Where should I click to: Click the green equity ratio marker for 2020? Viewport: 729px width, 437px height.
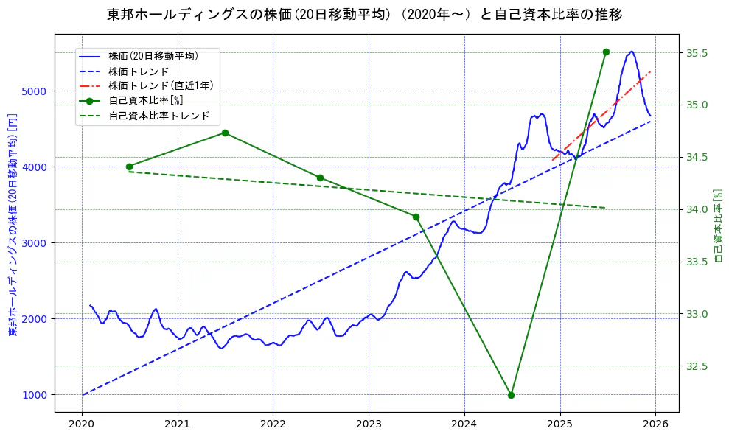(129, 167)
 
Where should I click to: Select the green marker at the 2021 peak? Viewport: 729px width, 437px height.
(225, 133)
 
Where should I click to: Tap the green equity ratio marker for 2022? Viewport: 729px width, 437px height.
(320, 178)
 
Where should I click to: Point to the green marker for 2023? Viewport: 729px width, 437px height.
(416, 217)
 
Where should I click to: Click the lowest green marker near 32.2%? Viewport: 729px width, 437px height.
(511, 395)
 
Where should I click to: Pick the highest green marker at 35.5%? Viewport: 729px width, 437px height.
(606, 52)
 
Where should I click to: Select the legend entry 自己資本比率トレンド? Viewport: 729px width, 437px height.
(158, 116)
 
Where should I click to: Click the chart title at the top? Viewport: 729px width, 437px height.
(365, 14)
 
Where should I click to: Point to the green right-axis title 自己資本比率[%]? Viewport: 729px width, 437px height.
(719, 225)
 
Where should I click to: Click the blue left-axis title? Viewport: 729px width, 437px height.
(13, 225)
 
